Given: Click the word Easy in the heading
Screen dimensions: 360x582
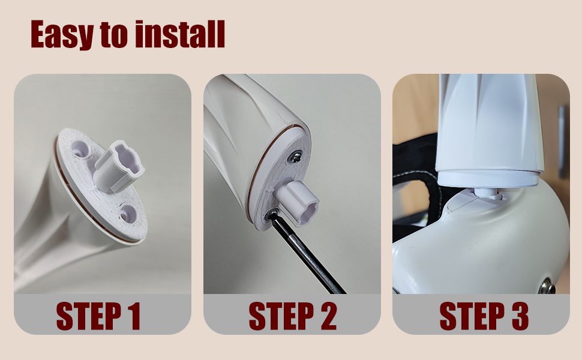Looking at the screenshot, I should (62, 35).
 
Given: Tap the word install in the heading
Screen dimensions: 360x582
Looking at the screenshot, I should (180, 35).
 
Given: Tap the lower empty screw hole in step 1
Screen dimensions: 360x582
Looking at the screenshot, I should (127, 212).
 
